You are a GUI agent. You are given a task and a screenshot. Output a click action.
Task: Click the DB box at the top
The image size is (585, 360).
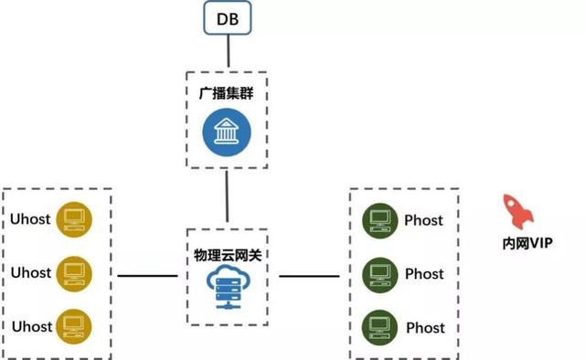coord(227,19)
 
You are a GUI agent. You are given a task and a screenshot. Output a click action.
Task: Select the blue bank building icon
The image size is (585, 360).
coord(226,132)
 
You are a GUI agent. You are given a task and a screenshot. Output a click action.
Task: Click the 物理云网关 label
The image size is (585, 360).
coord(226,250)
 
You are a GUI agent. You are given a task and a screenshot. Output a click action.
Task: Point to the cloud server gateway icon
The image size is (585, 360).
coord(226,289)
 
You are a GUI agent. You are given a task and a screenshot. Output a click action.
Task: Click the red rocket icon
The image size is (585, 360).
coord(518,211)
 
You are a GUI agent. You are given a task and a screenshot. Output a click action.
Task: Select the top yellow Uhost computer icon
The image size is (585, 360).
coord(73,219)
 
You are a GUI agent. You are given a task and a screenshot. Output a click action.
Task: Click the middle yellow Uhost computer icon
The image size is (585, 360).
coord(73,272)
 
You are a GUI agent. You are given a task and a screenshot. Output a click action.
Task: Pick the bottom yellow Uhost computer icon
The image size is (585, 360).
coord(73,326)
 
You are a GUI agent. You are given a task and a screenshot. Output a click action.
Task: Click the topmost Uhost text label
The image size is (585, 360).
coord(31,219)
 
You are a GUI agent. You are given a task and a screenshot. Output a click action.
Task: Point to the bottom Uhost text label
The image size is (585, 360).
coord(31,326)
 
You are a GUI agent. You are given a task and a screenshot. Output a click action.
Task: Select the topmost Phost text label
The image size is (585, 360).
coord(424,220)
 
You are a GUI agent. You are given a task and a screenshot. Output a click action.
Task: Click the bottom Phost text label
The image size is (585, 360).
coord(424,327)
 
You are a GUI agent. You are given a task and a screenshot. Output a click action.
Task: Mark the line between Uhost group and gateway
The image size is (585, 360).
coord(147,275)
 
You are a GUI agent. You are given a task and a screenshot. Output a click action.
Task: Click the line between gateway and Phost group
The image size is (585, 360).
coord(309,275)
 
